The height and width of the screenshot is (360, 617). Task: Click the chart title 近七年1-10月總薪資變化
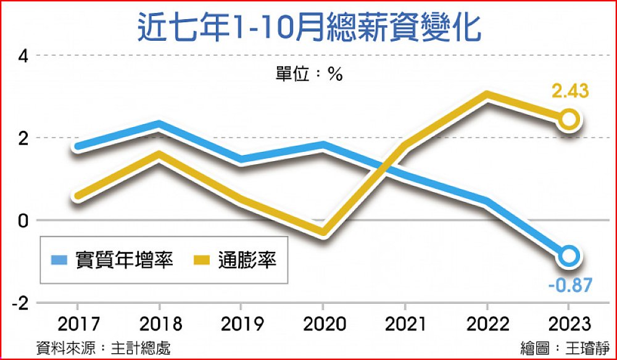pos(308,28)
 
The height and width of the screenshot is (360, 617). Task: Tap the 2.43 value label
pos(570,92)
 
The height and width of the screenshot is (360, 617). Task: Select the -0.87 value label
pos(570,285)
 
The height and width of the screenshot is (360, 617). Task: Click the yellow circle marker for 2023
pos(569,119)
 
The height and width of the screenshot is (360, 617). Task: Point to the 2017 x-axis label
pos(77,324)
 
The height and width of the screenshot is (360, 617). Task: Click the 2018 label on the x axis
pos(159,324)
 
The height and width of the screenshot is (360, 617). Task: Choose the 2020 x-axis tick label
pos(323,324)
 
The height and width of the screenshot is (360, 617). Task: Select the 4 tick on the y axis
pos(23,56)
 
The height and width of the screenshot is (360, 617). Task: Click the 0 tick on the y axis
pos(23,220)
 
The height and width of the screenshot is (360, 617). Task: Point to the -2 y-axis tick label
pos(20,303)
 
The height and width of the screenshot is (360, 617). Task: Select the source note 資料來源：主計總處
pos(104,347)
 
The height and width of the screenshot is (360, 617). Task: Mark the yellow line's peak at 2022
pos(487,96)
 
